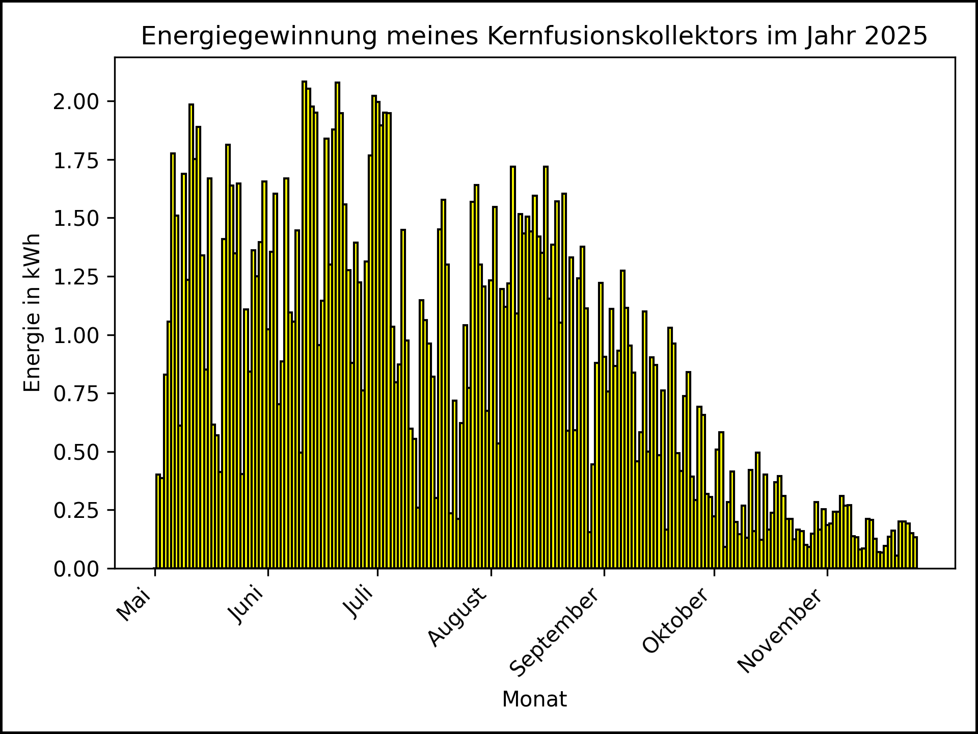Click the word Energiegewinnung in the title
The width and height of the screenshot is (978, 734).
coord(259,37)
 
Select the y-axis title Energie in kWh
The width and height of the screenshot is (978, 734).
coord(32,312)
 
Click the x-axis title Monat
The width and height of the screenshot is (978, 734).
coord(534,700)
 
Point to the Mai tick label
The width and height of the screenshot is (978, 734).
coord(134,605)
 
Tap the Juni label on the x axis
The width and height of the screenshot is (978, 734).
coord(247,606)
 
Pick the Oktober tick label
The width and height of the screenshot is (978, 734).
coord(675,621)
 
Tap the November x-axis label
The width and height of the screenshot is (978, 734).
coord(780,631)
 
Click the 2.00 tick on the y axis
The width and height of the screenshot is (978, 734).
coord(77,101)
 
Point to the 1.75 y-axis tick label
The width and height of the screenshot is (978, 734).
coord(77,160)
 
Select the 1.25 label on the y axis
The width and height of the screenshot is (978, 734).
coord(77,277)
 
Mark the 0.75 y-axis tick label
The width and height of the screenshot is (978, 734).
coord(77,394)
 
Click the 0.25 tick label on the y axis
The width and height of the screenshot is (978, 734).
coord(77,510)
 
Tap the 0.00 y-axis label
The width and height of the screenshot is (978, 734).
coord(77,569)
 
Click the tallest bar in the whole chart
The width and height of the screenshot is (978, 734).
coord(304,326)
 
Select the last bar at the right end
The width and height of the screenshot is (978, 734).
coord(915,553)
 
